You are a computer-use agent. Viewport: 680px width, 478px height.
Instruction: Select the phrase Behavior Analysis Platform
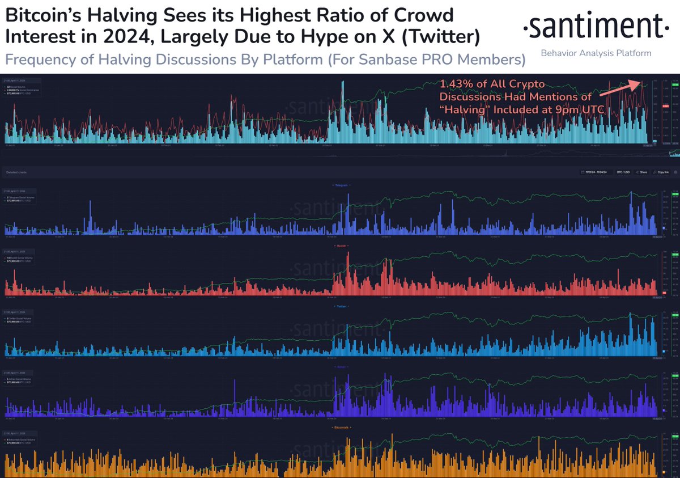[x=596, y=53]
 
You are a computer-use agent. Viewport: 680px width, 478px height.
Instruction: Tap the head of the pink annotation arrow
[x=640, y=83]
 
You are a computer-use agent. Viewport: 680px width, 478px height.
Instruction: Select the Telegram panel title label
[x=340, y=185]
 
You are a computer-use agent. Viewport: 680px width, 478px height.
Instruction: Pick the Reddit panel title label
[x=340, y=246]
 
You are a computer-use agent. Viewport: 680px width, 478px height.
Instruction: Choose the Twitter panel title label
[x=340, y=306]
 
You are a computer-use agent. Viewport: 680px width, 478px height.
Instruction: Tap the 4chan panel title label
[x=340, y=366]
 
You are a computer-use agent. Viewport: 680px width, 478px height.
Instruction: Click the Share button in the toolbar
[x=643, y=171]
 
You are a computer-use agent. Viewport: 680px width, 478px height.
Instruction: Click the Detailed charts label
[x=15, y=171]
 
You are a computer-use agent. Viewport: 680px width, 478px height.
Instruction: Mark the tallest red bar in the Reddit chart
[x=348, y=273]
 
